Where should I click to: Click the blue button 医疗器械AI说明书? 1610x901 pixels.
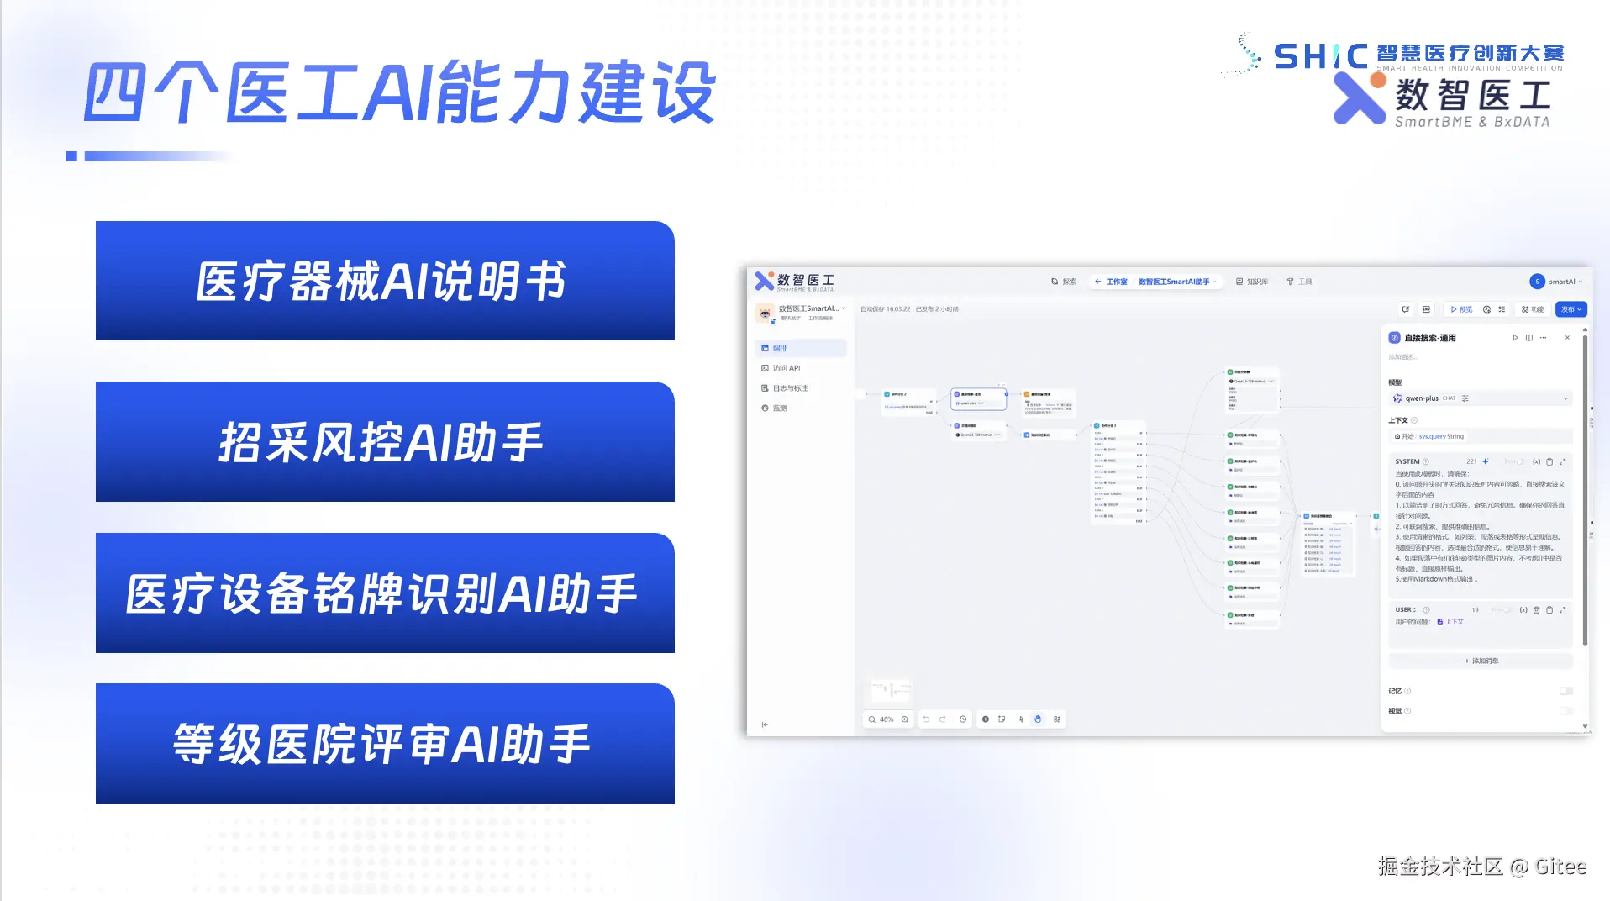point(385,281)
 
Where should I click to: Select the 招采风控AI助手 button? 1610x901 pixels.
point(385,441)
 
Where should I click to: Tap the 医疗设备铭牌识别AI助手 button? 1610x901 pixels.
point(385,593)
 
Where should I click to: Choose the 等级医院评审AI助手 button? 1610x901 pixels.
point(385,743)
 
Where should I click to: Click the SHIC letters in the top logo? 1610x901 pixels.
point(1320,56)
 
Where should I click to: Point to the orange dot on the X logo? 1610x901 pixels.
point(1377,81)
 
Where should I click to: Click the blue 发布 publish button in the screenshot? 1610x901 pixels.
point(1571,309)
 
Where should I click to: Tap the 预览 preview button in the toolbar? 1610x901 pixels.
point(1461,309)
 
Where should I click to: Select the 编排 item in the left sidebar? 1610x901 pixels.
point(780,348)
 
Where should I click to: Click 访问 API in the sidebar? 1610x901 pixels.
point(786,368)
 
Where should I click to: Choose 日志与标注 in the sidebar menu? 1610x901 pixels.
point(789,388)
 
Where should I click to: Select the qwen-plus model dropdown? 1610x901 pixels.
point(1480,398)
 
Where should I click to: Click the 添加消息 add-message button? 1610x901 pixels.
point(1481,661)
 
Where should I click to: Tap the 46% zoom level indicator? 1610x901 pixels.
point(887,719)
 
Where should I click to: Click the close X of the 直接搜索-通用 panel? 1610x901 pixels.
point(1567,338)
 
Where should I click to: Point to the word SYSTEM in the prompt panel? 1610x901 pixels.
point(1407,461)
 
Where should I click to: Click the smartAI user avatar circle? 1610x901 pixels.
point(1537,282)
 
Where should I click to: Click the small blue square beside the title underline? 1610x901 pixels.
point(71,156)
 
